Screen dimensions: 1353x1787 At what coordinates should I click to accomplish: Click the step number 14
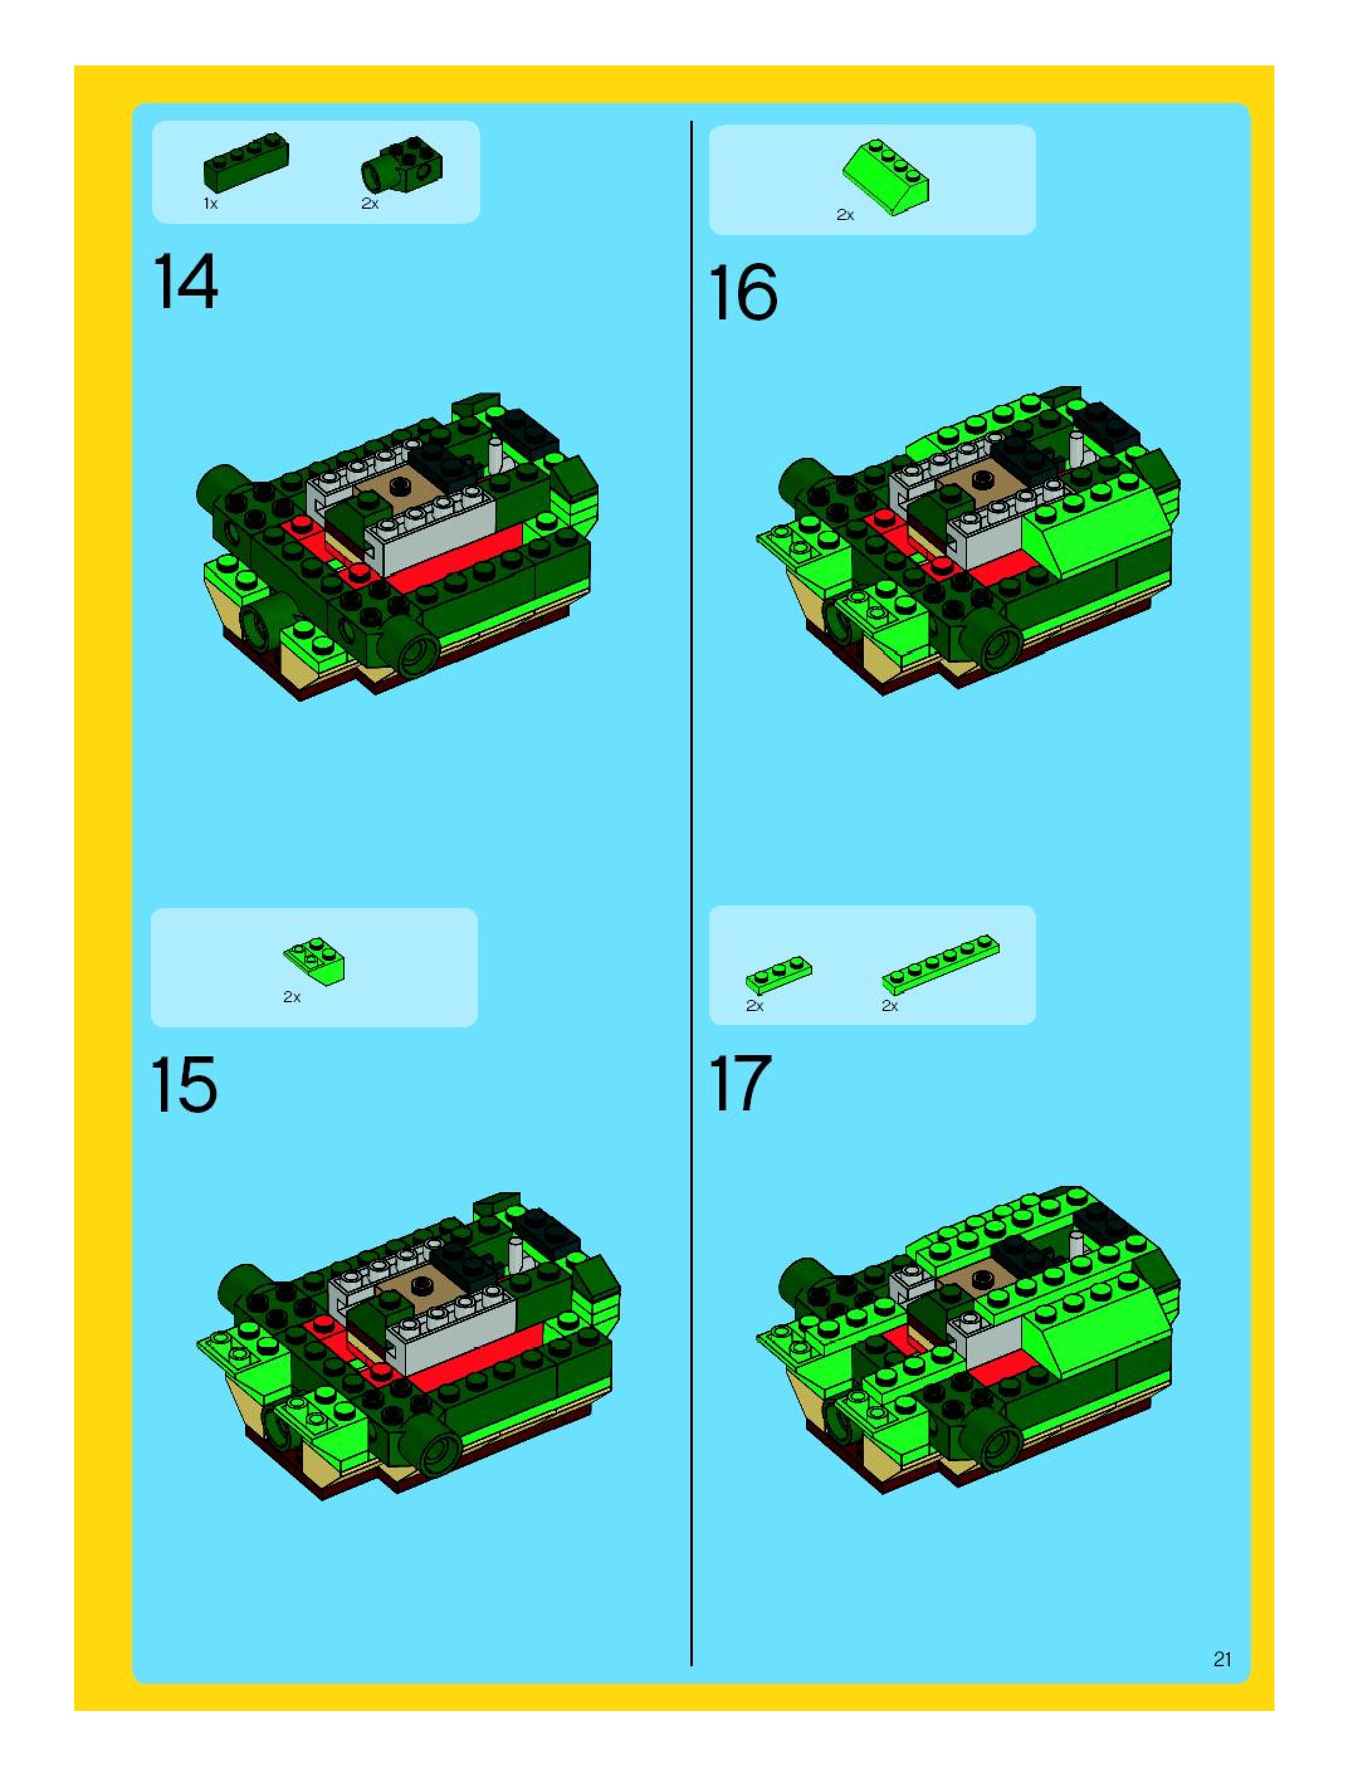coord(185,281)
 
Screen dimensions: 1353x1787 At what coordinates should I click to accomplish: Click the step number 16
coord(743,292)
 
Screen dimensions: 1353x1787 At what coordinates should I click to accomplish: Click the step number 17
coord(740,1083)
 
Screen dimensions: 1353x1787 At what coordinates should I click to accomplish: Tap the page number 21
coord(1222,1659)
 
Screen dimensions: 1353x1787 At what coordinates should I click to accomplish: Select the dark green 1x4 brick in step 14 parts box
coord(246,162)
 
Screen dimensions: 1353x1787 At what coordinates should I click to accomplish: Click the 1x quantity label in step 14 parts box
coord(210,204)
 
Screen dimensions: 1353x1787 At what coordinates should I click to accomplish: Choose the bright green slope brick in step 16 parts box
coord(886,177)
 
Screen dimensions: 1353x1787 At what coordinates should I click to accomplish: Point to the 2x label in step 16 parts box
coord(845,215)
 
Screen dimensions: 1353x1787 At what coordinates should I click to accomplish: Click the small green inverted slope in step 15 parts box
coord(314,961)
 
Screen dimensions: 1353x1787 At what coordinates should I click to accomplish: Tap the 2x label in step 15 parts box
coord(292,997)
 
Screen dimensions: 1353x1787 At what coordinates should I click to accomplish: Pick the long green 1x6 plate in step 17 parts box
coord(940,964)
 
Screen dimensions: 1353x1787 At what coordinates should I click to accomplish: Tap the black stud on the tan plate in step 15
coord(421,1285)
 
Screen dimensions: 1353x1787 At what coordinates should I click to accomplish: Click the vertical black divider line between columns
coord(692,893)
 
